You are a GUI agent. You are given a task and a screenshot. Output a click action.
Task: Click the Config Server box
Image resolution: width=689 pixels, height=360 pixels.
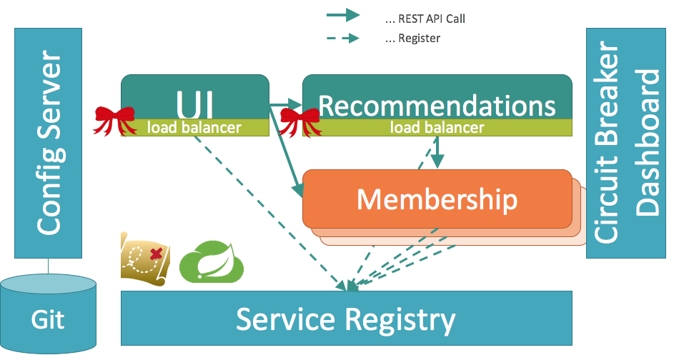pos(49,143)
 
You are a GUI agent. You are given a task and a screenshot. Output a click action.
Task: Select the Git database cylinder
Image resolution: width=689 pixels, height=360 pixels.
pos(49,314)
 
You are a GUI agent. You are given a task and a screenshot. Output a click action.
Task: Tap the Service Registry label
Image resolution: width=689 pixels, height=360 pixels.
pos(346,319)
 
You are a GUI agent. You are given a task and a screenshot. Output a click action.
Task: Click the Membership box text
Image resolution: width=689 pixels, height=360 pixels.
pos(437,200)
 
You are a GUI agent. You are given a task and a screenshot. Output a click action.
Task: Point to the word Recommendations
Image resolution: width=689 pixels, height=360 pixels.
pos(437,106)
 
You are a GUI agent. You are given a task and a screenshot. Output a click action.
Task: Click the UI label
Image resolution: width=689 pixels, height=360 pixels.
pos(194,105)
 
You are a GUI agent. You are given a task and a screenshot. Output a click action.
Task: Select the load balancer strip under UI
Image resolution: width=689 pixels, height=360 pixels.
pos(194,127)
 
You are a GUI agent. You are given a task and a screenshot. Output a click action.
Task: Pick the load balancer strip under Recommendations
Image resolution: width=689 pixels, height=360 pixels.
pos(437,127)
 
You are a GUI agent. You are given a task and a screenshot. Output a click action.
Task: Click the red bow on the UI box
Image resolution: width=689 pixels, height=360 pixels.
pos(114,120)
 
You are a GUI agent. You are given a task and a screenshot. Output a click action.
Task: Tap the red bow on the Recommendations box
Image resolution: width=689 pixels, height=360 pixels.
pos(299,121)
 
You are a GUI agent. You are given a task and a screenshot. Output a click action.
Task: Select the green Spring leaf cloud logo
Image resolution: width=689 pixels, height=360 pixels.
pos(212,261)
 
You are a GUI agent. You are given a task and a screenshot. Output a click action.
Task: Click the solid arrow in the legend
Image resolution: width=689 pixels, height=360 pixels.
pos(343,16)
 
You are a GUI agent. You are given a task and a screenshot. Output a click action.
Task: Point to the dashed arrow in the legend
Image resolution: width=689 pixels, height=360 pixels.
pos(343,38)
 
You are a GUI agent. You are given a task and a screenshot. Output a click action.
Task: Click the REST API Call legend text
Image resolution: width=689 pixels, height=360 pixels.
pos(425,19)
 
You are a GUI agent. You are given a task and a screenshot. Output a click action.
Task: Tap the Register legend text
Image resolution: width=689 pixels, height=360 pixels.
pos(413,38)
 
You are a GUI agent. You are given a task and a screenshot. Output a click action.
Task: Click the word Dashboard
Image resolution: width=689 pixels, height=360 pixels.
pos(648,143)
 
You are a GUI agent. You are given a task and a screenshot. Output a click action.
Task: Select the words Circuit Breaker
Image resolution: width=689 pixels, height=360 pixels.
pos(606,142)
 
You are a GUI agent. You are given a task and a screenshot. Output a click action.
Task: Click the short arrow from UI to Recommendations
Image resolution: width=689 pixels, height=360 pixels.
pos(286,105)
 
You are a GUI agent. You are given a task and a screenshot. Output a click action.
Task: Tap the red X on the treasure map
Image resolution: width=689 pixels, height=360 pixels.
pos(157,254)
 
